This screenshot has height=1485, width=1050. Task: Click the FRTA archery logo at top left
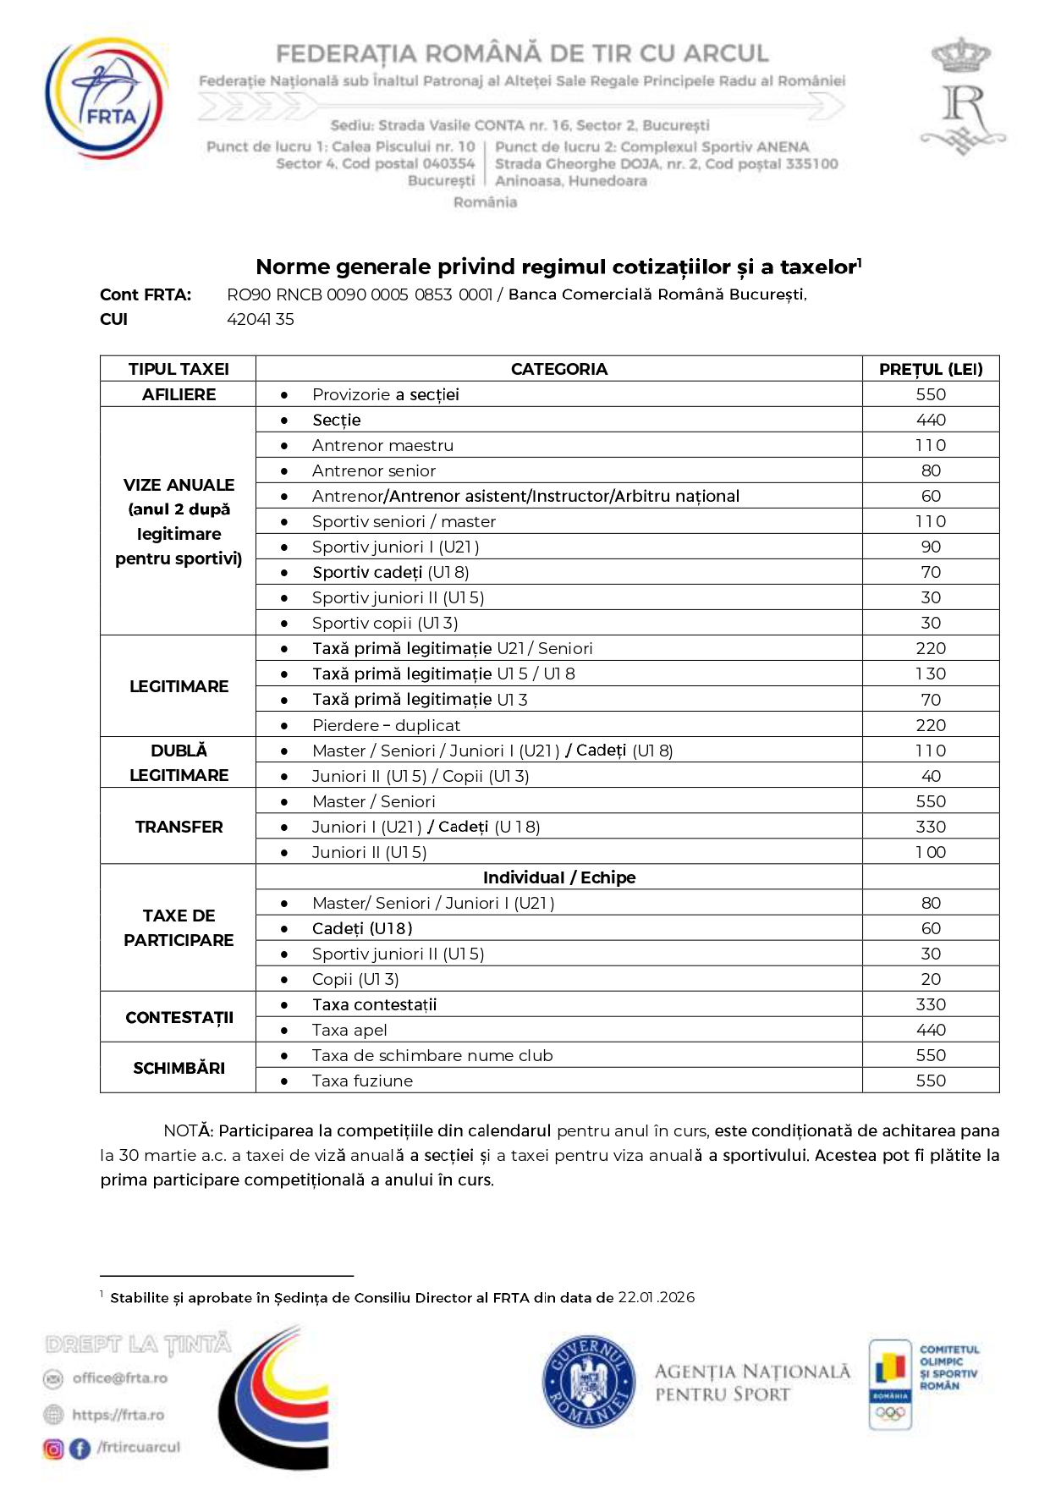(107, 98)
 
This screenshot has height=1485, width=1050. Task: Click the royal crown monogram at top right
(962, 96)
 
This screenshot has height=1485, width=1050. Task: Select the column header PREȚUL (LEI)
(930, 369)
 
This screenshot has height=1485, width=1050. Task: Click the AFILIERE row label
(179, 394)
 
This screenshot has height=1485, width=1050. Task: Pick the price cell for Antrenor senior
(930, 470)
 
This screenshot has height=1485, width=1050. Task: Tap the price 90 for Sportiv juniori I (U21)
(930, 547)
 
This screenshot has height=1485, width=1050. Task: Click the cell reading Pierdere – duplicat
(386, 725)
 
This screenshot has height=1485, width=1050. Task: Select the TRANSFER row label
(179, 827)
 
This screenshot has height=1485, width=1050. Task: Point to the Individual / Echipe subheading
(558, 877)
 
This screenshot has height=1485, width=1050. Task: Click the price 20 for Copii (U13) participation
(930, 979)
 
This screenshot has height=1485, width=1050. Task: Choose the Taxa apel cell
(349, 1030)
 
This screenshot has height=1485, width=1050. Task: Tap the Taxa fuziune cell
(362, 1081)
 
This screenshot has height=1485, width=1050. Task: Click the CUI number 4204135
(261, 319)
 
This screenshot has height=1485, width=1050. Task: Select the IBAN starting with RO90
(360, 294)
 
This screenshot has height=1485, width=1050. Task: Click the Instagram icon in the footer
(53, 1449)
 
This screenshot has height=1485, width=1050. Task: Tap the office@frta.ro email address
(119, 1378)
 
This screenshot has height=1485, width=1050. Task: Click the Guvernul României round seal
(588, 1383)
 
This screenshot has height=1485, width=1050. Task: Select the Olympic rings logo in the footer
(890, 1412)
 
